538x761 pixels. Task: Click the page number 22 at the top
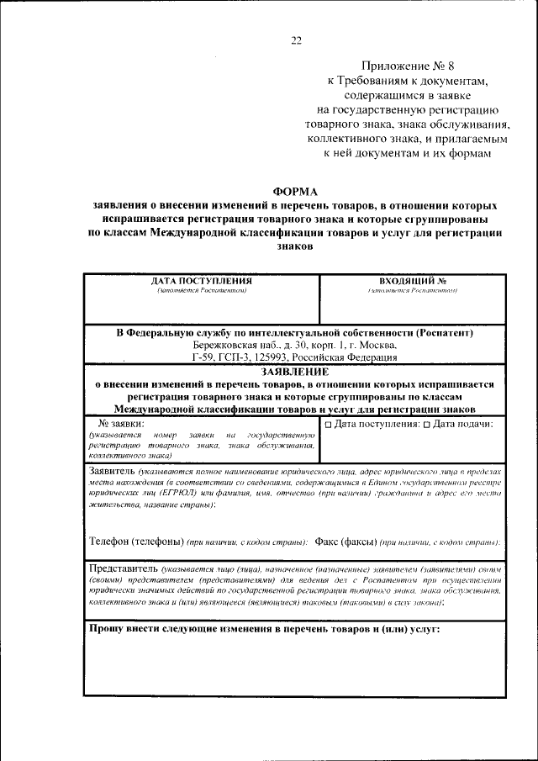pos(295,40)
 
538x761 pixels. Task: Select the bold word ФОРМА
pos(296,192)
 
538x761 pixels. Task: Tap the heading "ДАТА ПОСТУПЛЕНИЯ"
pos(202,281)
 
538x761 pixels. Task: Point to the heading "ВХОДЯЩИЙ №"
pos(412,281)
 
